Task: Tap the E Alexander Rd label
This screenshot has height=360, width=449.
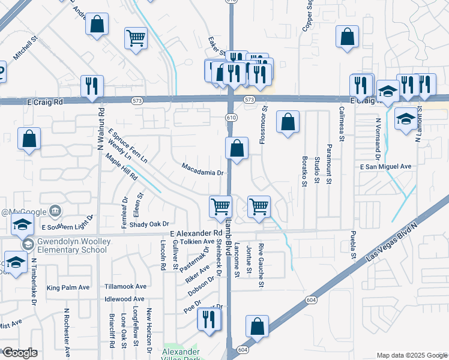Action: pyautogui.click(x=196, y=233)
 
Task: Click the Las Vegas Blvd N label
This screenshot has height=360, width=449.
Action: pyautogui.click(x=391, y=242)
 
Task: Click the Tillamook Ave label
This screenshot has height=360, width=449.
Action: pyautogui.click(x=125, y=286)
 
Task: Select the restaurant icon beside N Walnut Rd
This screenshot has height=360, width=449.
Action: pyautogui.click(x=92, y=85)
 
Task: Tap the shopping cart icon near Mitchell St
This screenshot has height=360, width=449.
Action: pyautogui.click(x=136, y=37)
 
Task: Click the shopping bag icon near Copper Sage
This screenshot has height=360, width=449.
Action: pyautogui.click(x=347, y=37)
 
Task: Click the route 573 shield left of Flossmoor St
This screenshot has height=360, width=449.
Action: pyautogui.click(x=250, y=99)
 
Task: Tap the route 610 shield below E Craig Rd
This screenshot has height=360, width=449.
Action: pyautogui.click(x=231, y=118)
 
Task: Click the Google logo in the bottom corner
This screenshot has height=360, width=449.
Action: pyautogui.click(x=20, y=353)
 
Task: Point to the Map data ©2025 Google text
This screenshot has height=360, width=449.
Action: pyautogui.click(x=412, y=355)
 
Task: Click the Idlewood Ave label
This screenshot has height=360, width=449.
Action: pyautogui.click(x=124, y=299)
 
